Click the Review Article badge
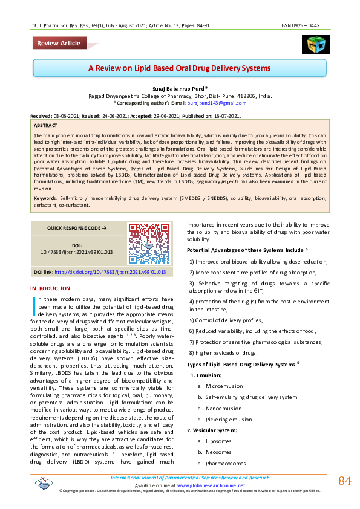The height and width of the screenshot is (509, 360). tap(59, 43)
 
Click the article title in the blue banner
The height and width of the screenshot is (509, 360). tap(180, 68)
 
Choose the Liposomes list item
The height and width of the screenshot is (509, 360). tap(218, 441)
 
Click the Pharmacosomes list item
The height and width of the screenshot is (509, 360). tap(226, 463)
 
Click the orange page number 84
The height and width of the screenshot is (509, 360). tap(344, 481)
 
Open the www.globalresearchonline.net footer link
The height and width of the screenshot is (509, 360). tap(211, 485)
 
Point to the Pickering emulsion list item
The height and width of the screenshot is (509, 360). tap(229, 419)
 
